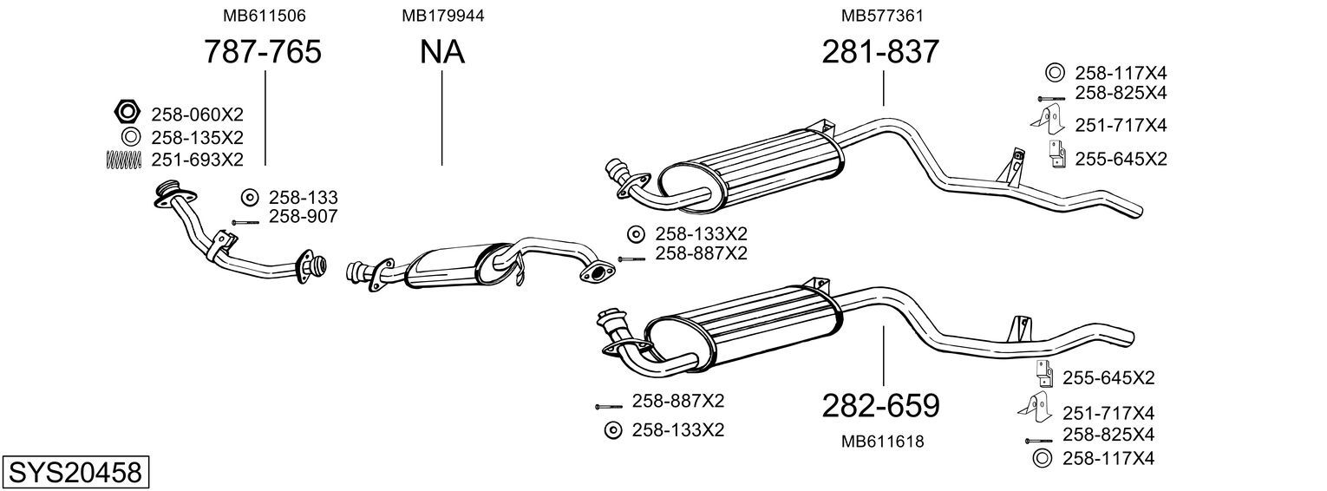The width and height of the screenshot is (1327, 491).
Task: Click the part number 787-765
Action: tap(263, 51)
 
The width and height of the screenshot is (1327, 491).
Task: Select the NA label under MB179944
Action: tap(442, 51)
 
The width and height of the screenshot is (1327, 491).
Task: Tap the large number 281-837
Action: tap(880, 51)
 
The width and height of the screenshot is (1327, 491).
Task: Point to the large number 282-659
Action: tap(880, 406)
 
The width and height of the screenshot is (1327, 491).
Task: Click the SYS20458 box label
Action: tap(75, 473)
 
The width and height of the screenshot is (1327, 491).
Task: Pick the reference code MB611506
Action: tap(265, 16)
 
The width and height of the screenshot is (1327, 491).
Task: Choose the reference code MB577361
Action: tap(882, 16)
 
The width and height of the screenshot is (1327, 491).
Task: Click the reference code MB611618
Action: tap(882, 442)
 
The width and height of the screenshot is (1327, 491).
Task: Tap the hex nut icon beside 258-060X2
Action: tap(127, 111)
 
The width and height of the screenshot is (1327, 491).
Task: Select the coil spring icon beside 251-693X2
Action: tap(124, 160)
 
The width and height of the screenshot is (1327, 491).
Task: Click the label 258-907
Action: tap(304, 217)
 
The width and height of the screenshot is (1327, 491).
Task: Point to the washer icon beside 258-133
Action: tap(250, 197)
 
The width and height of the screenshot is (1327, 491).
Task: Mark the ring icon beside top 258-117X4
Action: tap(1055, 73)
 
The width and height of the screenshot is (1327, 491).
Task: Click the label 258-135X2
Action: tap(197, 138)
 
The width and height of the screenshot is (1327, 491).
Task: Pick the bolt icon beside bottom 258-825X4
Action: tap(1039, 441)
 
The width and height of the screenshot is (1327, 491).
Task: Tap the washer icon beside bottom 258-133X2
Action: tap(613, 430)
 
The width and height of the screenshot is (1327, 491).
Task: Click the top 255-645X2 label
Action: tap(1121, 160)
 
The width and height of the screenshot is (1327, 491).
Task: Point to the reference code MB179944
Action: tap(443, 16)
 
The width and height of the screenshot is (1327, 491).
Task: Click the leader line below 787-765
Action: tap(265, 118)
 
